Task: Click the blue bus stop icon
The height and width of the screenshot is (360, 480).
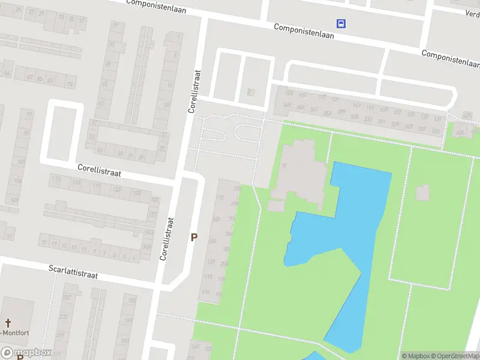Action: tap(341, 24)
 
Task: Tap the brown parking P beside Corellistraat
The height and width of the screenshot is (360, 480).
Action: tap(194, 237)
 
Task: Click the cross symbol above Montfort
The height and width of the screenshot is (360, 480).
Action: tap(9, 322)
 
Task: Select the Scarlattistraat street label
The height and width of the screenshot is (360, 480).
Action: tap(73, 274)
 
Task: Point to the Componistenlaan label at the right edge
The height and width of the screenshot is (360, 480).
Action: tap(451, 58)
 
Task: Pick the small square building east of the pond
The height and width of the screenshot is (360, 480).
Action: tap(422, 193)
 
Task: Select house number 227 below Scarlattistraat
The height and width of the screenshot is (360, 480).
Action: tap(67, 298)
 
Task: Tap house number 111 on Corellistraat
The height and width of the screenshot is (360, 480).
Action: tap(56, 179)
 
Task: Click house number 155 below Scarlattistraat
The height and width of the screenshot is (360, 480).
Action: tap(132, 301)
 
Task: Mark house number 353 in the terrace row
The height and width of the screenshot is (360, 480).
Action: tap(327, 112)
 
